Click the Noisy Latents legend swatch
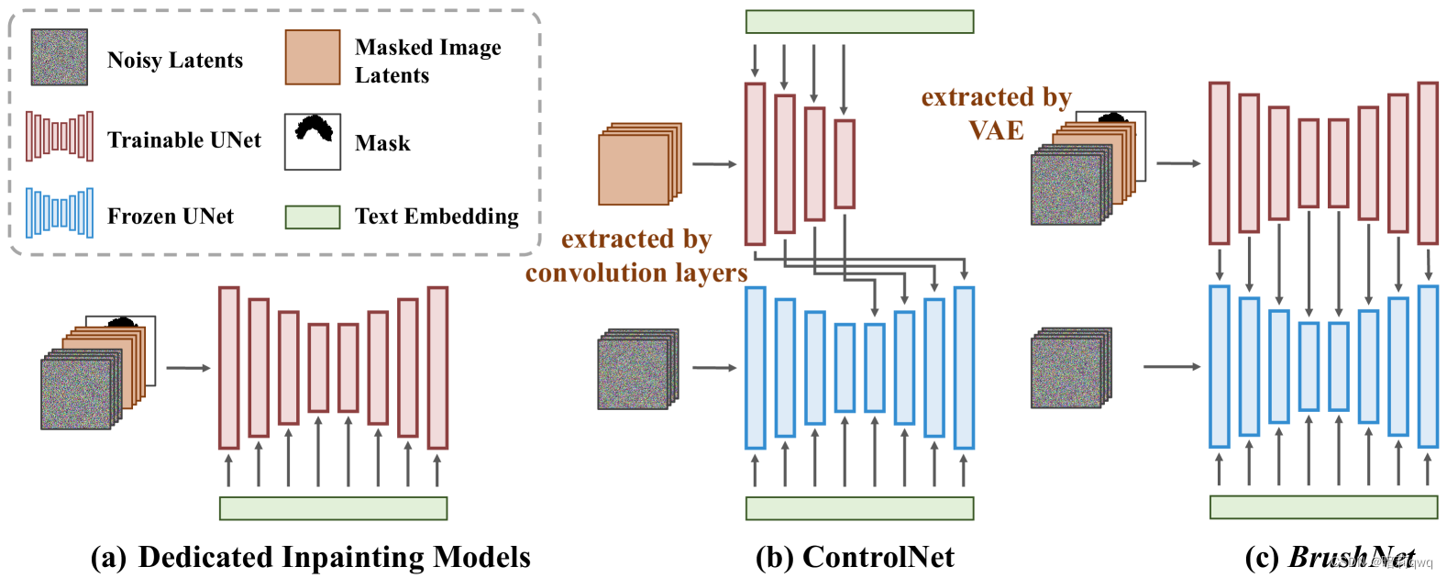60,57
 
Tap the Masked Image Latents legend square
313,57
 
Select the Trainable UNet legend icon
60,137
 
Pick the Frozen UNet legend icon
60,213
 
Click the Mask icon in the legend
313,141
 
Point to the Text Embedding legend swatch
313,217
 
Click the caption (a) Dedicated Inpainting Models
311,557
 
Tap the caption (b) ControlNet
855,557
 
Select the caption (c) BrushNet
1330,557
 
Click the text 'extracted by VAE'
997,114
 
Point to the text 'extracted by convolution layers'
636,256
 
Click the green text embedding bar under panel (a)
333,508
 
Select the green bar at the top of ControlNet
859,21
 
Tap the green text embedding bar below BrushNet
1323,507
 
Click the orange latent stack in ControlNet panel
638,165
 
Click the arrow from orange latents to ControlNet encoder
714,165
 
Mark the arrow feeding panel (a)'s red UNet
188,369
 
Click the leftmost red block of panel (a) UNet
228,368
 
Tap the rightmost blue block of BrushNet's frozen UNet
1428,366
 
